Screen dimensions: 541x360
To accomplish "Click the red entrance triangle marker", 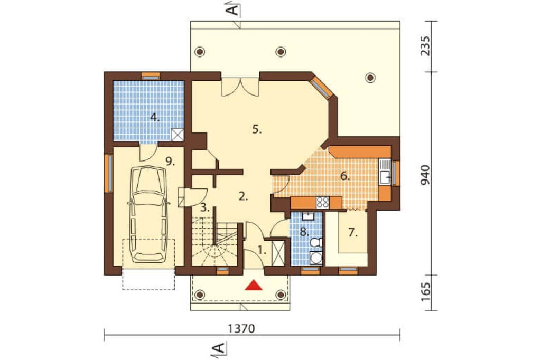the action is pos(253,286).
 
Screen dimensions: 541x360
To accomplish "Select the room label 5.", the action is pos(257,130).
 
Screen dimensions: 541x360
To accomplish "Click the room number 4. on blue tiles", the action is pos(155,118).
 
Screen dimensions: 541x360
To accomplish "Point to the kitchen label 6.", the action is pos(345,176).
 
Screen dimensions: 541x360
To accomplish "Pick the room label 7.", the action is pos(352,233).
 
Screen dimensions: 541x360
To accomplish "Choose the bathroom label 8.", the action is pos(304,232).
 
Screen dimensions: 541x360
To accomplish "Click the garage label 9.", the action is pos(170,161).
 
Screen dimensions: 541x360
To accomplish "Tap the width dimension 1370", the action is pos(241,329).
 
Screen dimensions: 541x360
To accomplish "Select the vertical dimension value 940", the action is pos(425,175).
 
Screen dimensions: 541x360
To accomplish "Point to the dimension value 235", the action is pos(425,45).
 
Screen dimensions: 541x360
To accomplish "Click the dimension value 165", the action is pos(425,292).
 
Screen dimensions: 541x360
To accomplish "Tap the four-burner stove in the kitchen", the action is pos(323,202).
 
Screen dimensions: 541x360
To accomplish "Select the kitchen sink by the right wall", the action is pos(385,173).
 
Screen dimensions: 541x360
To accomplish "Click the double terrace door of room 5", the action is pos(240,87).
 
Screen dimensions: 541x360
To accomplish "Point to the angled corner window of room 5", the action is pos(321,86).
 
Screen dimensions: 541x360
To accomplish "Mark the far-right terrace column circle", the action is pos(370,78).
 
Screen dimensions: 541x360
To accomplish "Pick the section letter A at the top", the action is pos(234,10).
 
